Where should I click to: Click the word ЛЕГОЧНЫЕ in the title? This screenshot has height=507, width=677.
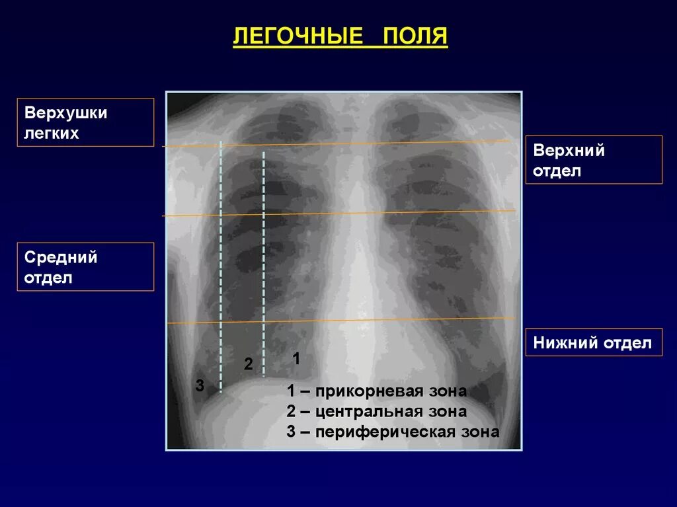298,36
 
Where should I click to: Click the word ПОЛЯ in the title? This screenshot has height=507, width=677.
415,36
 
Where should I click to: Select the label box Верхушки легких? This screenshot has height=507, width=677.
85,122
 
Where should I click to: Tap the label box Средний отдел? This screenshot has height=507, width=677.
85,266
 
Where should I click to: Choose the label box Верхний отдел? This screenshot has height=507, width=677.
594,160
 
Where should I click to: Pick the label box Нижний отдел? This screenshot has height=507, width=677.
594,342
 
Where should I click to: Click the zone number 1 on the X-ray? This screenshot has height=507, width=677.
296,358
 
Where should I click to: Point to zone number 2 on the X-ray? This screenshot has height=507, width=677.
249,364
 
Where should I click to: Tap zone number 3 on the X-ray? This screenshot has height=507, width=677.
200,385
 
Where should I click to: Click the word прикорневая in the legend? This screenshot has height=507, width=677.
370,391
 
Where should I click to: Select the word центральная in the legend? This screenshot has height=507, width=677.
370,412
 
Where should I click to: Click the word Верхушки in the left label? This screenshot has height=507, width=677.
66,113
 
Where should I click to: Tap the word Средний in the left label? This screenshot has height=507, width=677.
61,257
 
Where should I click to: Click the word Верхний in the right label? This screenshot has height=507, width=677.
569,150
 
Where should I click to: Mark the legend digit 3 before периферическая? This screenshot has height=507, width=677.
291,432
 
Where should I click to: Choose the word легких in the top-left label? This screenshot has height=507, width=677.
52,134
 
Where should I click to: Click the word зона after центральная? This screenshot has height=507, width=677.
448,412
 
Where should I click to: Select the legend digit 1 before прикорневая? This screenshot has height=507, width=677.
291,391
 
